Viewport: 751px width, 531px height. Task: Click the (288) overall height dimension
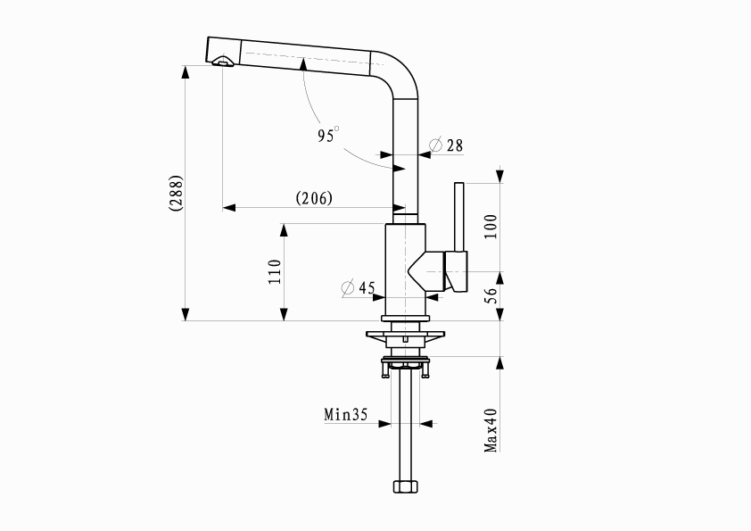coord(176,193)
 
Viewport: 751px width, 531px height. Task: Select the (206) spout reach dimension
coord(314,198)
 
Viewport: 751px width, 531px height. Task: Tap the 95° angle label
coord(328,135)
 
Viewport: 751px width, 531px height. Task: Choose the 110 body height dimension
coord(275,271)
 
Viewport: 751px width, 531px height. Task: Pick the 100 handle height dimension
coord(491,227)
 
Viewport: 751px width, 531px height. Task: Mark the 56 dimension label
coord(491,295)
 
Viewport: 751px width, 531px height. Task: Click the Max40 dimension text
coord(491,430)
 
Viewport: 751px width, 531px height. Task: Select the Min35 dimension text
coord(346,414)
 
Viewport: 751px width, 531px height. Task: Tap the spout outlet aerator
coord(223,62)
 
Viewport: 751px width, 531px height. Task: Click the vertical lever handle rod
coord(458,217)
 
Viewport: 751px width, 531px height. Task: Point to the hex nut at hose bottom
coord(405,486)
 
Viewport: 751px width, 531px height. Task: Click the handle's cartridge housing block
coord(456,271)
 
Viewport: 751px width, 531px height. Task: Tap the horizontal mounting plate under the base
coord(405,334)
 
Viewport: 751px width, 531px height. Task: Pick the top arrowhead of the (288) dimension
coord(186,71)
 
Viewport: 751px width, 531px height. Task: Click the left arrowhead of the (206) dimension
coord(229,208)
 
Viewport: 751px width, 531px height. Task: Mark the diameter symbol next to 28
coord(436,145)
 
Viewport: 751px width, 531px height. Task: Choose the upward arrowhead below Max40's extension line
coord(500,363)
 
